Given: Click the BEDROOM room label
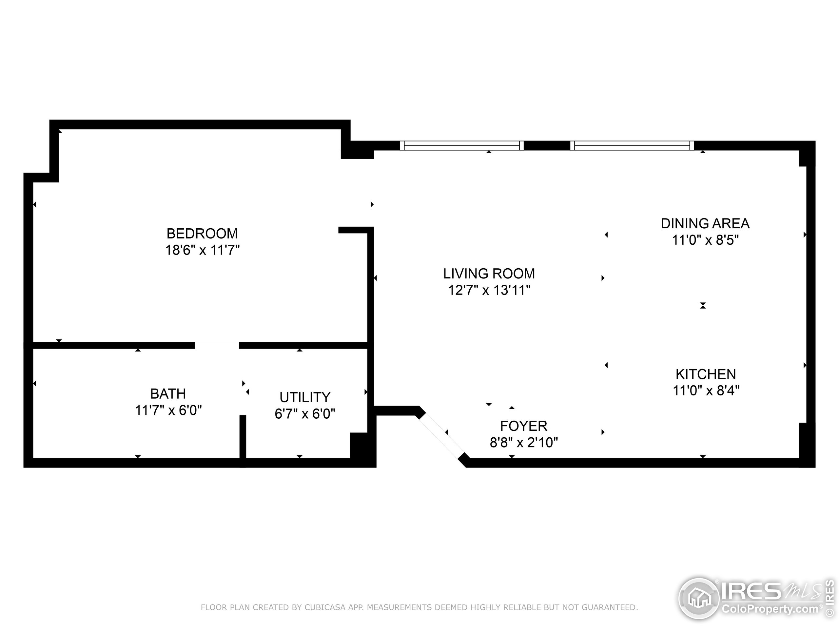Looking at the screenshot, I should click(202, 233).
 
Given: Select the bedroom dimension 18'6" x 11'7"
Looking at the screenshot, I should click(202, 250).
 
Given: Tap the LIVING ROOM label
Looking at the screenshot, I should click(489, 273).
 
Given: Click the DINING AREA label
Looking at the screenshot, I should click(705, 224).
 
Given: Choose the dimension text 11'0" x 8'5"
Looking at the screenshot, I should click(705, 240).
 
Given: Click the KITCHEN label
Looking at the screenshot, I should click(706, 374).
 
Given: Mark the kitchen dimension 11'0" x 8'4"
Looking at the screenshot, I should click(706, 391).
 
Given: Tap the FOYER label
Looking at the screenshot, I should click(523, 426).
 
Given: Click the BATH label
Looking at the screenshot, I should click(168, 394).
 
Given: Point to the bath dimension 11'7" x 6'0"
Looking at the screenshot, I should click(168, 410).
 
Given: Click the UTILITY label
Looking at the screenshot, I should click(305, 397).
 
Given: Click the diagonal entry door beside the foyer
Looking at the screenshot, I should click(442, 436).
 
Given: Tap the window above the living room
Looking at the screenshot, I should click(461, 145).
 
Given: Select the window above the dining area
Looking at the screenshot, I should click(632, 145).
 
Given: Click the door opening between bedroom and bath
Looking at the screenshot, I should click(217, 345).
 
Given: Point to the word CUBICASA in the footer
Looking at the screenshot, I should click(325, 607).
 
